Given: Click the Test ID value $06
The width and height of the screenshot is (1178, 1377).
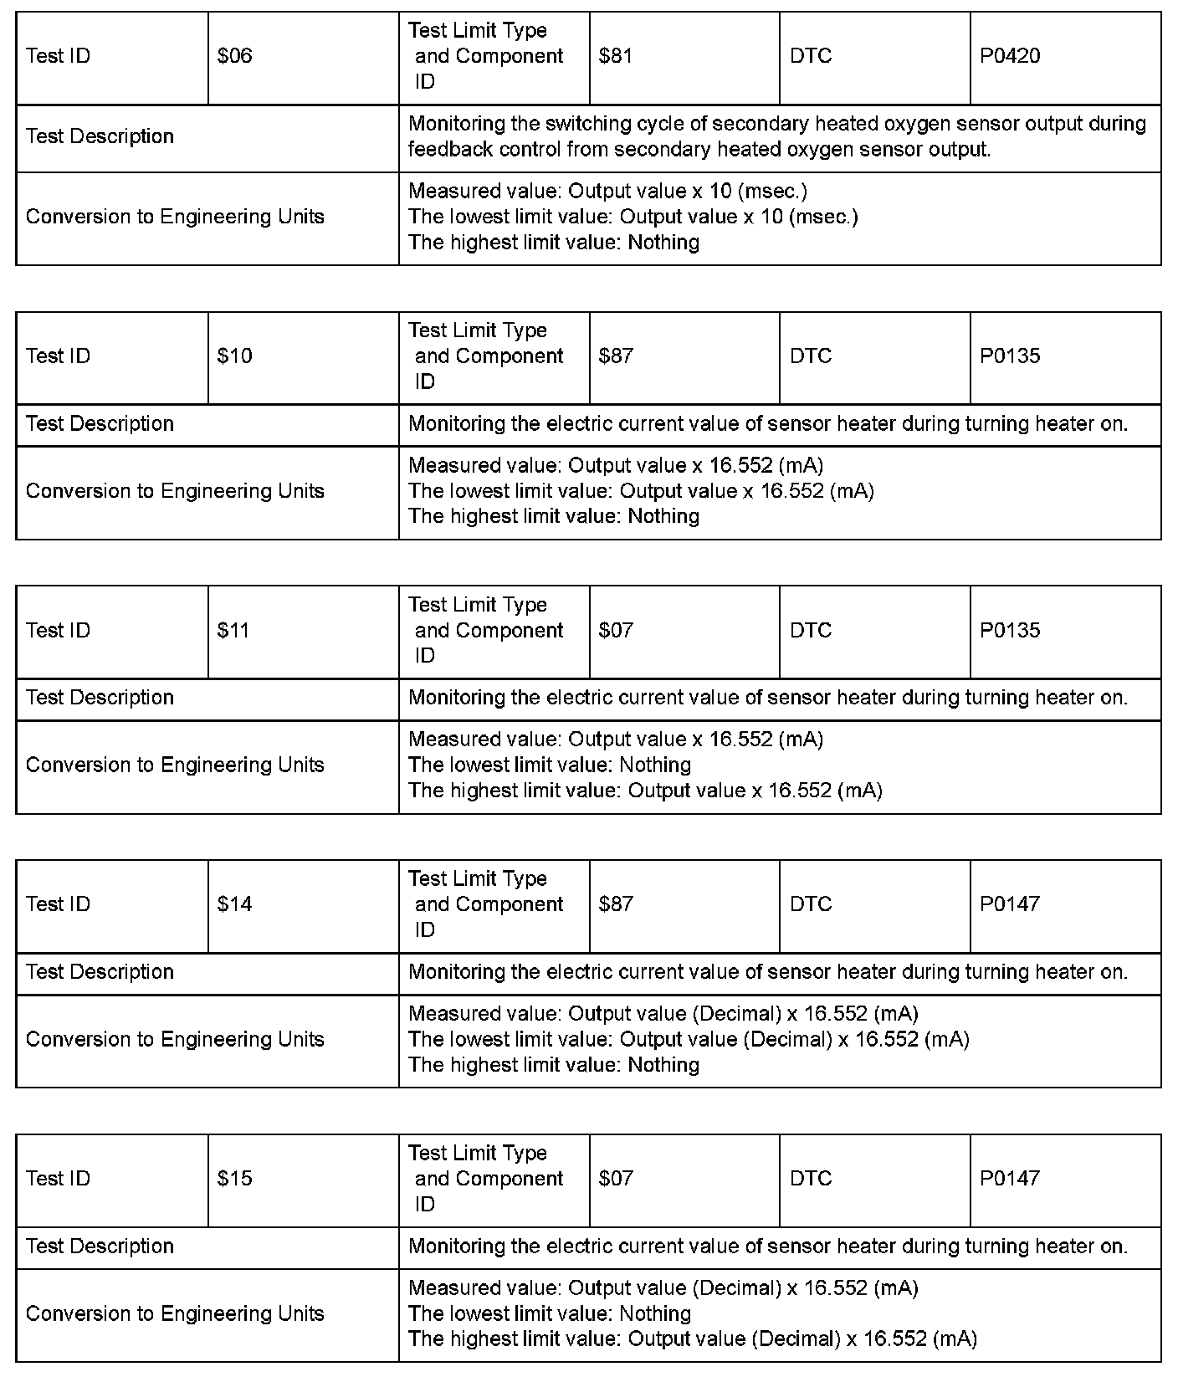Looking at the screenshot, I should tap(234, 56).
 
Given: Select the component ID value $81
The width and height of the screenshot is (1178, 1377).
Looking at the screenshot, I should tap(616, 56).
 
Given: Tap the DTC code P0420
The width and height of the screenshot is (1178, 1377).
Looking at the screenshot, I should tap(1010, 56).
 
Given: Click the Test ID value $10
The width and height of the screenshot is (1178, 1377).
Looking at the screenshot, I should tap(234, 356).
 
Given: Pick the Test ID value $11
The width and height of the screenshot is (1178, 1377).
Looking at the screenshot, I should tap(233, 631).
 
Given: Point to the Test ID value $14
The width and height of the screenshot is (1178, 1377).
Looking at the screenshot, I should tap(234, 904).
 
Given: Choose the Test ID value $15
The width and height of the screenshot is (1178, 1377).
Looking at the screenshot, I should tap(234, 1179).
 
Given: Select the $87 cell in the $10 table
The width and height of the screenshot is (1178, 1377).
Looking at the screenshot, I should tap(616, 356).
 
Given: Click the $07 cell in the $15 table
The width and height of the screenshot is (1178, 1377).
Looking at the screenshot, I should tap(616, 1179).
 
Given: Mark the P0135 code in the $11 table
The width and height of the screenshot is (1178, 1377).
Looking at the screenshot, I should tap(1010, 631).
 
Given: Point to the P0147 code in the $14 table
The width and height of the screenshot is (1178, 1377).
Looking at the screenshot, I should tap(1010, 904).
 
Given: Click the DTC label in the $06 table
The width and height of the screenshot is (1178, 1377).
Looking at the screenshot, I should tap(811, 56).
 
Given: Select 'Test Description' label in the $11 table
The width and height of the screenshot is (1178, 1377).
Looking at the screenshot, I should tap(100, 698).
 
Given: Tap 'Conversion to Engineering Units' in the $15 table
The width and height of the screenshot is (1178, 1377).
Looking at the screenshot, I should tap(175, 1314).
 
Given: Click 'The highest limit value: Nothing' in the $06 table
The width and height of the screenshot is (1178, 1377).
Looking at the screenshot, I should tap(554, 243).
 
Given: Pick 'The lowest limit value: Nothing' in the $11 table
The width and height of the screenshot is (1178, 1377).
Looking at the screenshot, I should tap(550, 765).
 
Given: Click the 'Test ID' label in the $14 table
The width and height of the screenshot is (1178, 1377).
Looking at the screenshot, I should tap(58, 904).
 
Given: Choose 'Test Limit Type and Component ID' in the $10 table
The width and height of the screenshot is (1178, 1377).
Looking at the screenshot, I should tap(489, 356).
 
